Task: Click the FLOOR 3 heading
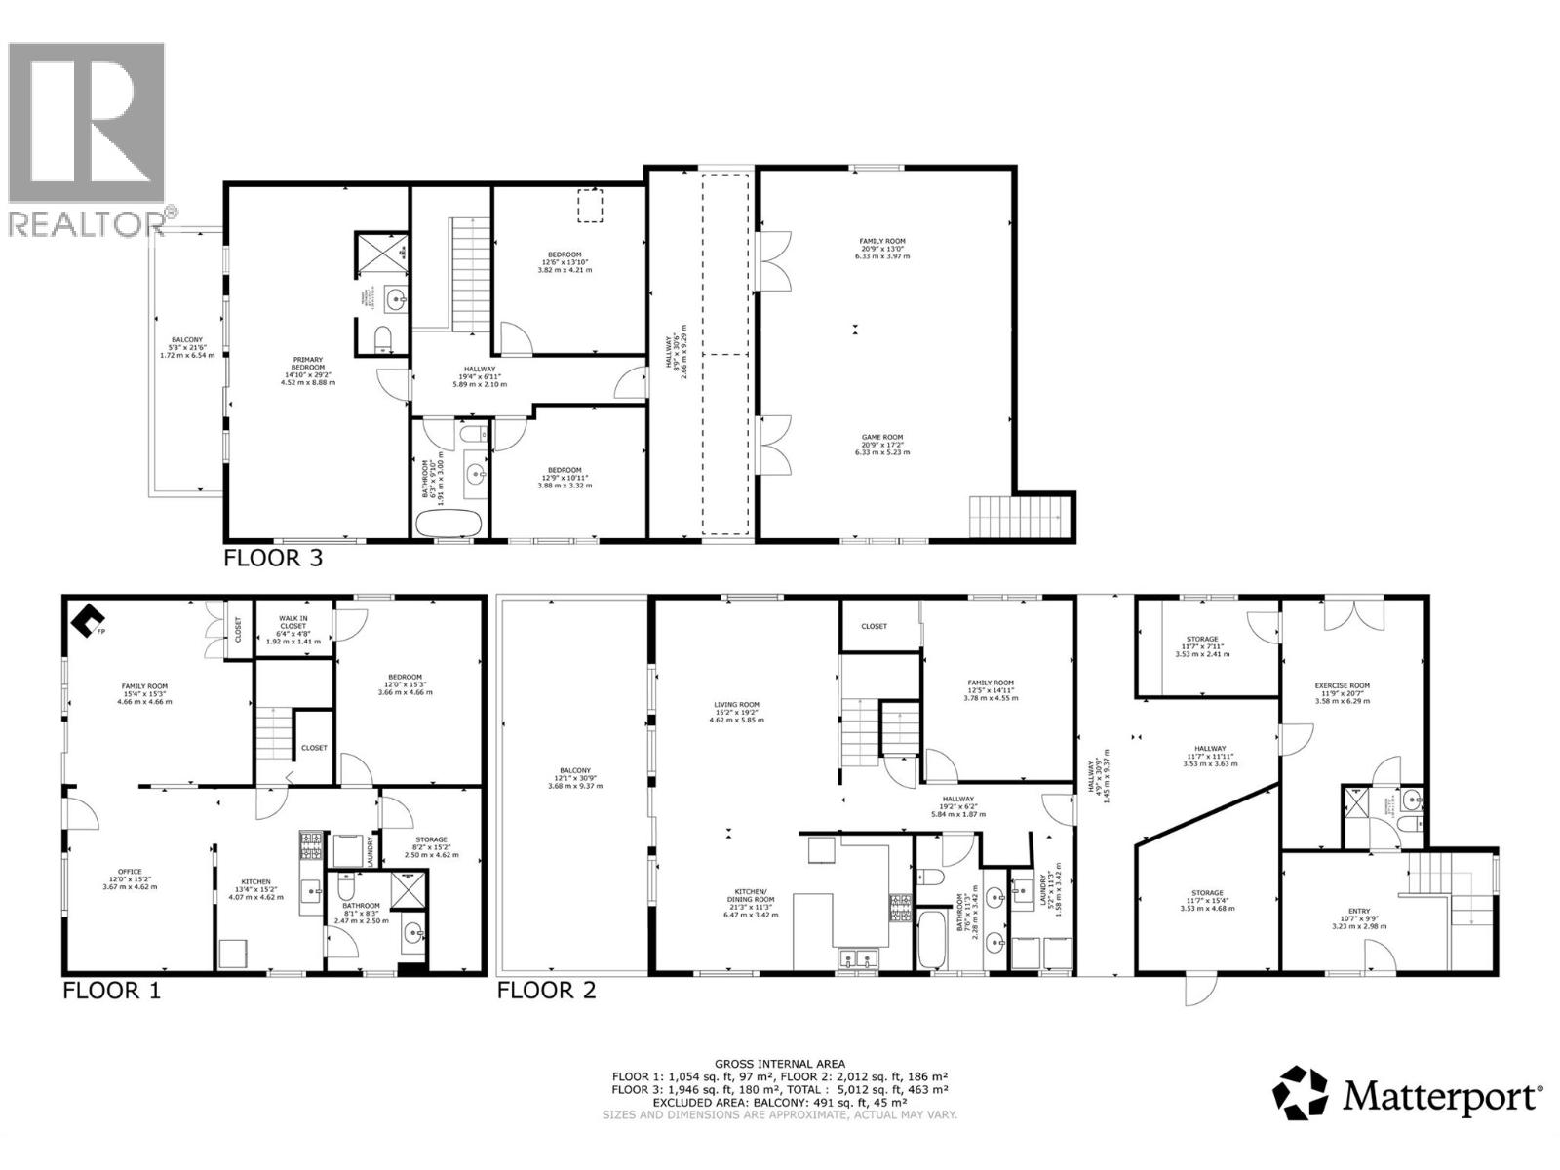pos(273,559)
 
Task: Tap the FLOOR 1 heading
pos(111,991)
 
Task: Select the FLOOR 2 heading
pos(546,991)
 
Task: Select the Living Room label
pos(736,712)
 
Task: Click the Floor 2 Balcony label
pos(575,777)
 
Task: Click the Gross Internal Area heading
pos(780,1064)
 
